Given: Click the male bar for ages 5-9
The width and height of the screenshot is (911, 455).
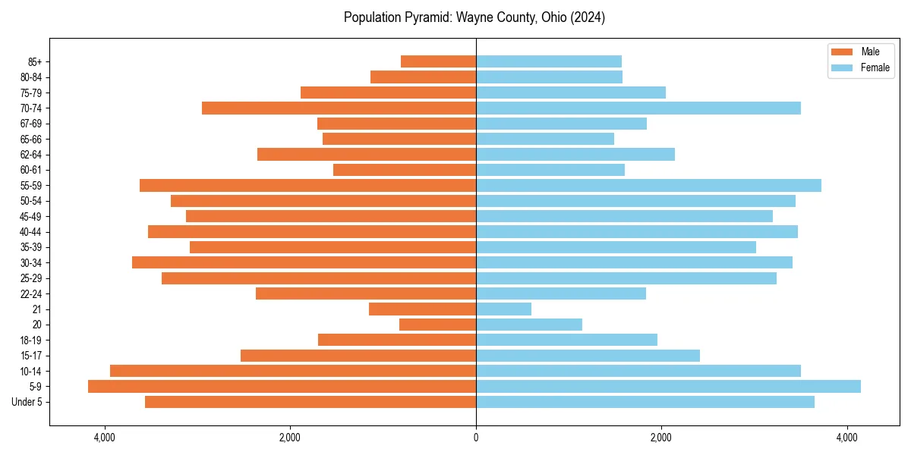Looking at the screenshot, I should point(282,386).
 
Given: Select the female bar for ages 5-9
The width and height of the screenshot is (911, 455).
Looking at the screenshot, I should point(668,386).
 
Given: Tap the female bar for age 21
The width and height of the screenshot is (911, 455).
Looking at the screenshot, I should point(503,309).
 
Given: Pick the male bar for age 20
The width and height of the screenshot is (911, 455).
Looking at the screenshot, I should point(437,325).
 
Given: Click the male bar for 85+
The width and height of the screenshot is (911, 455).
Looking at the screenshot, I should point(438,61).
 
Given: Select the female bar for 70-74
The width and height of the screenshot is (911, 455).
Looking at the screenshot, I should point(638,108).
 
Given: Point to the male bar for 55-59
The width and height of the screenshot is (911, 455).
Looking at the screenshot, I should point(307,185).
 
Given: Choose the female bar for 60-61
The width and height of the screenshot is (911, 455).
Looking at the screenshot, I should point(550,170).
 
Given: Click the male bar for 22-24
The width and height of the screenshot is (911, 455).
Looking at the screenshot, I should point(366,293).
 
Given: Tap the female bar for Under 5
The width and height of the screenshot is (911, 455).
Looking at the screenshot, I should point(645,402).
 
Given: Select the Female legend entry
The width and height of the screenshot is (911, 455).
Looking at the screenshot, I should point(865,67).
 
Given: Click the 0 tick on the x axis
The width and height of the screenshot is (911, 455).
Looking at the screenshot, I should point(476,438).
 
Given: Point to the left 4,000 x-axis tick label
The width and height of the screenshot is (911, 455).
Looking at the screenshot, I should point(104,438).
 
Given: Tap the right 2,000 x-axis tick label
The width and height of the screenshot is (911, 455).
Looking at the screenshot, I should point(661,438).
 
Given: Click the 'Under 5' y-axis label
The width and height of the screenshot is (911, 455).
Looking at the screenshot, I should point(27,402).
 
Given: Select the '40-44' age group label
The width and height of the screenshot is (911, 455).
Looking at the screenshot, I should point(31,231).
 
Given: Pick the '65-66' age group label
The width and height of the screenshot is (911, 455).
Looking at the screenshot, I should point(31,139).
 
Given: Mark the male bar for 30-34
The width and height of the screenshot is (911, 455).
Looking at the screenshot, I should point(304,262).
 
